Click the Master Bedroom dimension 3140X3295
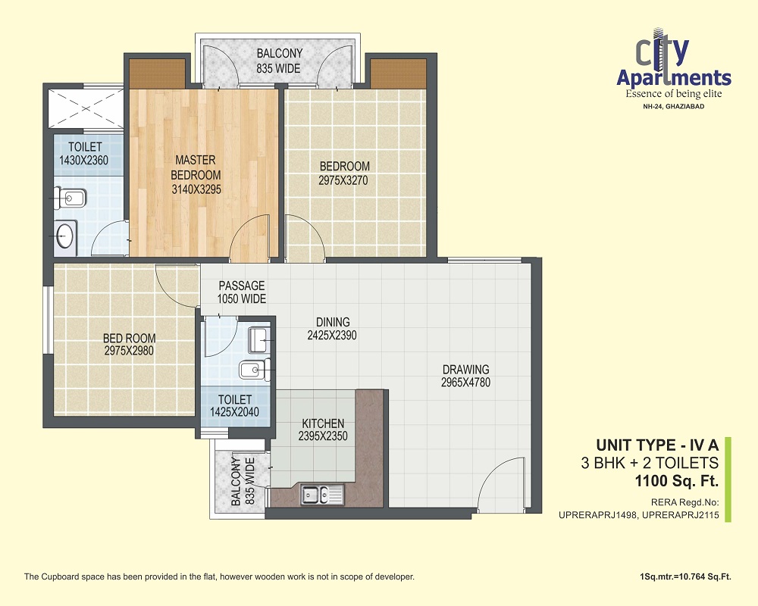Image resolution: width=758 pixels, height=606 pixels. point(196,189)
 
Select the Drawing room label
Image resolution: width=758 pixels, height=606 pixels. point(466,369)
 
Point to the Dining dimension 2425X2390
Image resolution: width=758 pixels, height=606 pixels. point(332,335)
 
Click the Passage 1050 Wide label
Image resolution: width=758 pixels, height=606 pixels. point(241,292)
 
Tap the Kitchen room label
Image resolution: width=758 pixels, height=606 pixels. point(323,423)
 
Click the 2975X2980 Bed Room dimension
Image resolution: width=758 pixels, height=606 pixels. point(129,351)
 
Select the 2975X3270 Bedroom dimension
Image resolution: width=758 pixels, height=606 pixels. point(343,180)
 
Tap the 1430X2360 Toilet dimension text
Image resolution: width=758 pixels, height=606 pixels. point(83,160)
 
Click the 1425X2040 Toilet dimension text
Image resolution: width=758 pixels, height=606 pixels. point(234,412)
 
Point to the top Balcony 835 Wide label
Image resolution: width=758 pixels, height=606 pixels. point(279,61)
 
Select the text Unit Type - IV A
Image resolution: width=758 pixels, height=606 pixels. point(657,445)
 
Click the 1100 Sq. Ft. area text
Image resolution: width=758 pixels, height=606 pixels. point(677,481)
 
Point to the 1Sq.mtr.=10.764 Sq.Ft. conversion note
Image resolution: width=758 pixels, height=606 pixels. point(685,576)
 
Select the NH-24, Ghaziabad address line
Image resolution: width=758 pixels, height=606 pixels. point(674,106)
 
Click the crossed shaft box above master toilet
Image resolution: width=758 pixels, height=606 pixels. point(86,109)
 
